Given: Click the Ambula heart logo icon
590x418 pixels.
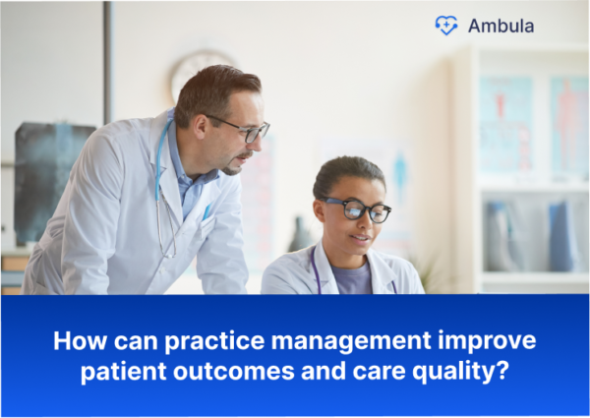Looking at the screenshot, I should pos(446,26).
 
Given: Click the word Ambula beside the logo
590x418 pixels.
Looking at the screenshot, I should pos(501,27).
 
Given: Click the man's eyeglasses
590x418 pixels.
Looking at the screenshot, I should pos(245,129).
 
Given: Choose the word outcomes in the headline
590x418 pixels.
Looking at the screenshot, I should pos(237,374).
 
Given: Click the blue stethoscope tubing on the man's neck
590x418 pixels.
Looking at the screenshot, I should pos(161,157).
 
